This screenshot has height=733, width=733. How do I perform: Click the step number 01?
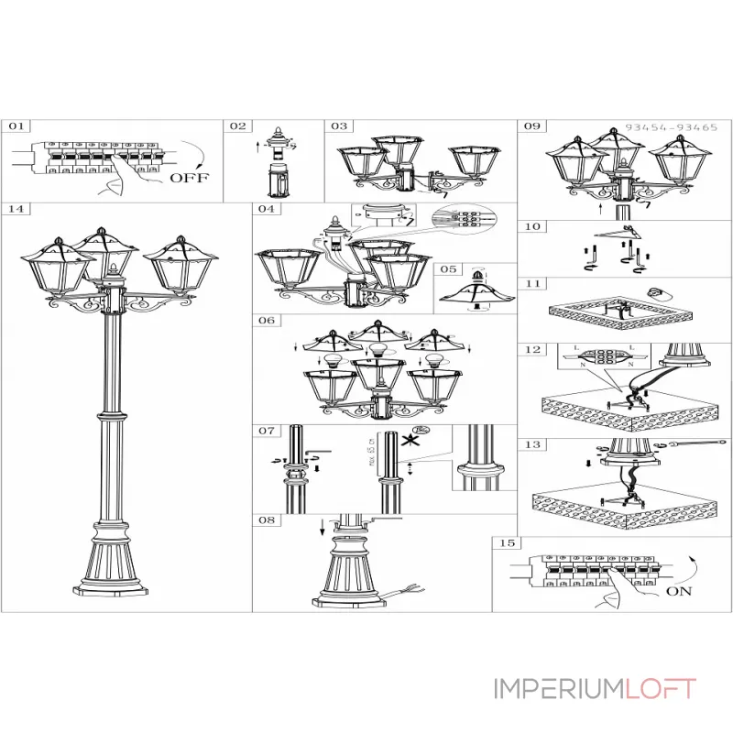tap(19, 126)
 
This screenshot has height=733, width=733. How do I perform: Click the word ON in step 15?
tap(679, 591)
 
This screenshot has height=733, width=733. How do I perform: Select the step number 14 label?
tap(16, 209)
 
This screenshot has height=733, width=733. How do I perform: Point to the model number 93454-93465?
tap(672, 128)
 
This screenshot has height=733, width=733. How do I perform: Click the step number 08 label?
tap(267, 520)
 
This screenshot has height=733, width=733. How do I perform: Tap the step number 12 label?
tap(533, 350)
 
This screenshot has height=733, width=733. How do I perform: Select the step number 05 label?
tap(447, 269)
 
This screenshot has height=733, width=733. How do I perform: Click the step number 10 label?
tap(533, 226)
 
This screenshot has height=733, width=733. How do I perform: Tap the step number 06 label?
tap(267, 322)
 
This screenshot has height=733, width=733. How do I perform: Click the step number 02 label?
tap(237, 126)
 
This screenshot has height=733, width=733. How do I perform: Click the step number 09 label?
tap(533, 126)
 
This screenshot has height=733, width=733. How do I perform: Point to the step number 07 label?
tap(267, 430)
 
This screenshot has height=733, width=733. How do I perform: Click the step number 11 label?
tap(533, 285)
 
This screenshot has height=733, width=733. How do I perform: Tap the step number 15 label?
tap(507, 543)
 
